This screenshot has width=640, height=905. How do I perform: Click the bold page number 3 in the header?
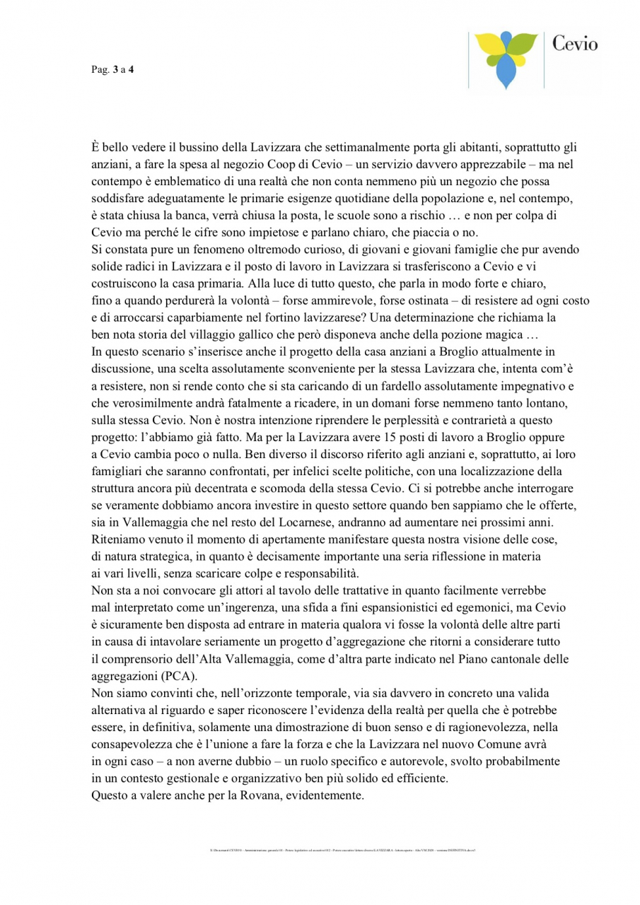(x=115, y=69)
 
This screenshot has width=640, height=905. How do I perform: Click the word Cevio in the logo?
(x=574, y=45)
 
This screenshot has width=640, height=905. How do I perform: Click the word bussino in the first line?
(x=192, y=148)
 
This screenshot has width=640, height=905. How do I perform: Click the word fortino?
(x=271, y=318)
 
